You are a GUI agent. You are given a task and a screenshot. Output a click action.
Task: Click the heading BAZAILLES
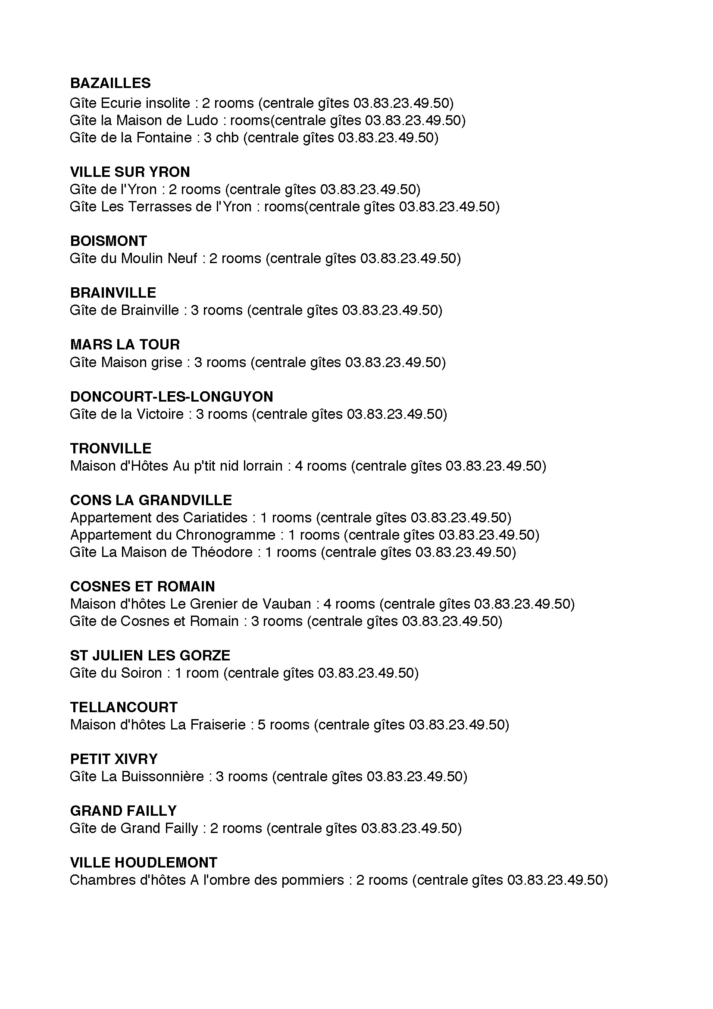coord(110,83)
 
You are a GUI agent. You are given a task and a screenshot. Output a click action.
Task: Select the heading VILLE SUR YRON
coord(130,172)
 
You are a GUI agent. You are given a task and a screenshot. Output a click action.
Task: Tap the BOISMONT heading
coord(109,241)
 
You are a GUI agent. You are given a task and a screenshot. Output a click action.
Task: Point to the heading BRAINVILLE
coord(113,292)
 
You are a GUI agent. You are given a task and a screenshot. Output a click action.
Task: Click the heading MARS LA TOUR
coord(125,345)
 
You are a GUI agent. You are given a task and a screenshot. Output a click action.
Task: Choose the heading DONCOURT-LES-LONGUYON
coord(171,397)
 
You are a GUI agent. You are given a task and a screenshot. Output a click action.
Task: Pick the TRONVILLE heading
coord(111,448)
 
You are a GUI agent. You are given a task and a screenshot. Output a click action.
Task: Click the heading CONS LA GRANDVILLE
coord(150,500)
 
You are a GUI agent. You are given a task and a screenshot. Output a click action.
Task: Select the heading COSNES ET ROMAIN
coord(142,587)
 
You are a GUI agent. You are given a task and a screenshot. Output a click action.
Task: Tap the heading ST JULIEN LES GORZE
coord(150,656)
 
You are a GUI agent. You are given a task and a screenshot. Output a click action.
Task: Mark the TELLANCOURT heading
coord(123,707)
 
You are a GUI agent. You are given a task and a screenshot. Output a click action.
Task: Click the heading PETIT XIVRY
coord(114,759)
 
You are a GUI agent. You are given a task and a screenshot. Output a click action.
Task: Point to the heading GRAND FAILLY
coord(123,811)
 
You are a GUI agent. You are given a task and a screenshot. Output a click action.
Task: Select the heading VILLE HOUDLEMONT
coord(144,863)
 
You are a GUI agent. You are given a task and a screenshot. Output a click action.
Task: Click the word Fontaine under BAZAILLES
coord(164,138)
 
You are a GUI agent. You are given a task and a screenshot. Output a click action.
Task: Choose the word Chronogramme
coord(225,535)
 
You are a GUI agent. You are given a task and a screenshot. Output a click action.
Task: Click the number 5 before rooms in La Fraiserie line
coord(262,725)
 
